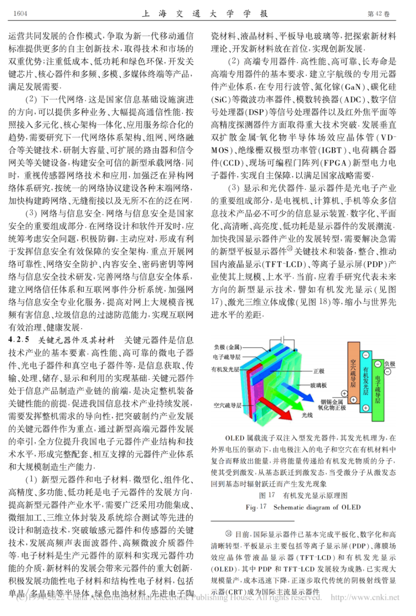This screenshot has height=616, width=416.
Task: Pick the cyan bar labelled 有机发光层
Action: tap(366, 381)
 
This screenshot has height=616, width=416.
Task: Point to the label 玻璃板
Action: tap(319, 385)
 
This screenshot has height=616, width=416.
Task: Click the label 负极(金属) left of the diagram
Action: tap(228, 347)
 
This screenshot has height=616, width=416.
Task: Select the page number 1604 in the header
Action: tap(20, 14)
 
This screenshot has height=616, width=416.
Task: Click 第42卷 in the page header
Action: tap(379, 14)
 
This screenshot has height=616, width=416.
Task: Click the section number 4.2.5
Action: tap(19, 340)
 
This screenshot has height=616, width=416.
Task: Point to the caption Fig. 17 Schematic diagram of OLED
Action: tap(303, 507)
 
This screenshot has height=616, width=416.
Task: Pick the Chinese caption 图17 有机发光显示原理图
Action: tap(303, 495)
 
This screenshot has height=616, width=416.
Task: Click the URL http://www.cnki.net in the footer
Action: tap(365, 597)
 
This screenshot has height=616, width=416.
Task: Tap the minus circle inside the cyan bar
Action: tap(366, 355)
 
